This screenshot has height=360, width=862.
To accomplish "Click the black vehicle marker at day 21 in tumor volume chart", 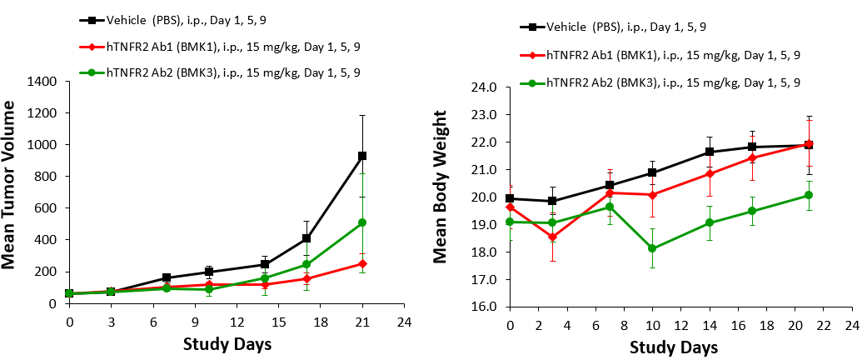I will pyautogui.click(x=361, y=156).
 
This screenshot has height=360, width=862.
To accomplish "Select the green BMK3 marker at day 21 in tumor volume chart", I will pyautogui.click(x=361, y=222).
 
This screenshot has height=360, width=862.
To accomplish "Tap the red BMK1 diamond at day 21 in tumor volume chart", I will pyautogui.click(x=361, y=263).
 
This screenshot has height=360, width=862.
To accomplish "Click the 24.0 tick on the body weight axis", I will pyautogui.click(x=485, y=87).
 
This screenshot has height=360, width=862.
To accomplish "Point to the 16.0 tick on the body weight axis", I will pyautogui.click(x=485, y=306).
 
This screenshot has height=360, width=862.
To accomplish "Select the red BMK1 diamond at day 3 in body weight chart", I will pyautogui.click(x=552, y=237).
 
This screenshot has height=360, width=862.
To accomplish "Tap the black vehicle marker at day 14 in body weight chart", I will pyautogui.click(x=709, y=152).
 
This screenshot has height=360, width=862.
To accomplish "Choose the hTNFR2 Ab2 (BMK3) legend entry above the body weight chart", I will pyautogui.click(x=662, y=82).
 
